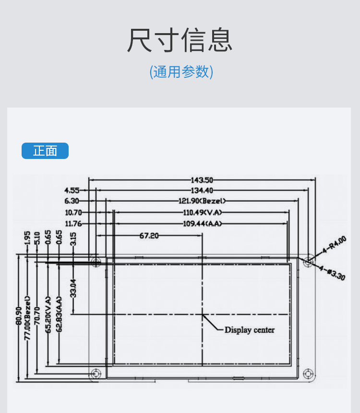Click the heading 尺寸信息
click(180, 40)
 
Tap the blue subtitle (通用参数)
click(181, 72)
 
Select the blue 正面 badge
click(45, 151)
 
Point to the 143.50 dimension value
click(202, 180)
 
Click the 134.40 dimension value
click(202, 191)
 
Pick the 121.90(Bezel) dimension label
click(202, 201)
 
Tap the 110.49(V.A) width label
click(202, 212)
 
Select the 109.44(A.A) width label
click(202, 223)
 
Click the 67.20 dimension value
click(149, 236)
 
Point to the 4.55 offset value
click(72, 191)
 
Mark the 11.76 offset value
click(73, 223)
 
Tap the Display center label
click(250, 330)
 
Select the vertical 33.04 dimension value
click(73, 288)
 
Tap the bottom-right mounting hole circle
click(308, 374)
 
